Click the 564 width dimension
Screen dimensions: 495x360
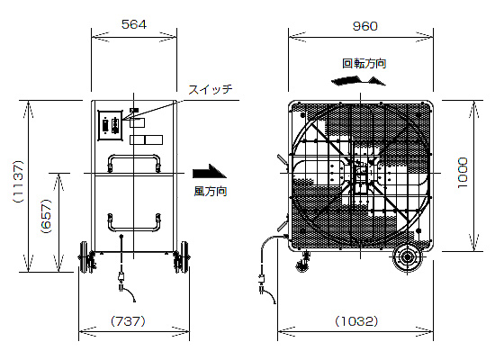(x=134, y=24)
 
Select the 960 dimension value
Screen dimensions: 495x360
(x=364, y=26)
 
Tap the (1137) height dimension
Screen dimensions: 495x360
(x=18, y=181)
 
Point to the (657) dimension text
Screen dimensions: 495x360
(x=46, y=216)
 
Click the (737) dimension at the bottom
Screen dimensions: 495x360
(x=128, y=321)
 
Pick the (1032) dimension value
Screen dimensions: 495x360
(x=356, y=321)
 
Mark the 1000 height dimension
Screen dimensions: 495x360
(x=463, y=173)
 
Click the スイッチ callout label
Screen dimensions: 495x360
(x=211, y=89)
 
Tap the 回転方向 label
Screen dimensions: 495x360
(x=364, y=64)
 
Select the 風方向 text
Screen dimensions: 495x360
(x=211, y=192)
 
